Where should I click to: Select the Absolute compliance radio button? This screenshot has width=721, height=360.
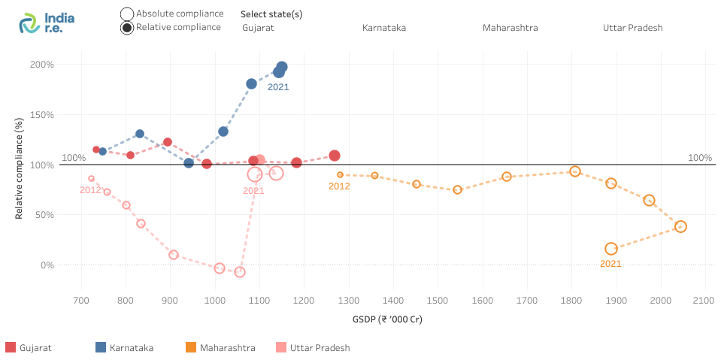(x=127, y=14)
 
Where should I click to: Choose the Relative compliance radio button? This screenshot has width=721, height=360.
(x=127, y=28)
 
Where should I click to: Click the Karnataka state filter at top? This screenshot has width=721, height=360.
(x=383, y=28)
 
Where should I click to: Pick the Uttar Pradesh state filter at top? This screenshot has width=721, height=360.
(x=632, y=28)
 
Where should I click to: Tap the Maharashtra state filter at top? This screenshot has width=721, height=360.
(x=510, y=28)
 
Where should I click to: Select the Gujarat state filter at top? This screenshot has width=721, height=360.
(x=258, y=28)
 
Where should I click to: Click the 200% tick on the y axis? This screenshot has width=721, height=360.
(x=42, y=65)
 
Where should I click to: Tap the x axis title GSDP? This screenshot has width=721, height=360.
(x=387, y=319)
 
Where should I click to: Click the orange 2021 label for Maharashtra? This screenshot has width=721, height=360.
(x=610, y=263)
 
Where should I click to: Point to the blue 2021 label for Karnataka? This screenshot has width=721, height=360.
(x=278, y=87)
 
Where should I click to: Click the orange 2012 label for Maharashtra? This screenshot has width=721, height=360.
(x=339, y=186)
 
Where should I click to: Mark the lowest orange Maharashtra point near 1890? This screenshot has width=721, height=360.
(x=611, y=249)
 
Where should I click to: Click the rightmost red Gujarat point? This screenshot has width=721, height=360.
(x=335, y=156)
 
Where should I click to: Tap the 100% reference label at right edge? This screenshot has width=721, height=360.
(x=699, y=158)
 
